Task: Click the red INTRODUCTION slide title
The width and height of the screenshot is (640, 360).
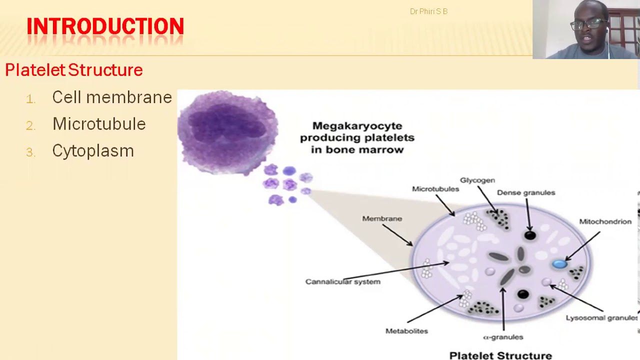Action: (105, 26)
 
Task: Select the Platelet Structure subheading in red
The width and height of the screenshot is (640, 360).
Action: (74, 70)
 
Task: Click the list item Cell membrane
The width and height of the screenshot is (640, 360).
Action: (111, 97)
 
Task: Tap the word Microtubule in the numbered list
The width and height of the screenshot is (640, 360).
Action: (98, 124)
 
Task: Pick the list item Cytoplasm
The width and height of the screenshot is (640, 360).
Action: (93, 151)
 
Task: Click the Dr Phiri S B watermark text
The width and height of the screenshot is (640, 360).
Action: (428, 11)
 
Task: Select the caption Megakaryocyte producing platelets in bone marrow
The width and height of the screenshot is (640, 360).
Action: (357, 137)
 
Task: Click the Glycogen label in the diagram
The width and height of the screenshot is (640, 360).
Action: (477, 180)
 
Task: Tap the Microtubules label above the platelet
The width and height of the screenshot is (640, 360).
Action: (435, 189)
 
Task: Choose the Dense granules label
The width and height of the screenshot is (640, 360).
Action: (526, 192)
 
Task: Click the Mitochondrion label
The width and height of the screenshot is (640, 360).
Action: (605, 221)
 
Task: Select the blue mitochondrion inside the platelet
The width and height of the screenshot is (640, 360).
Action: (559, 264)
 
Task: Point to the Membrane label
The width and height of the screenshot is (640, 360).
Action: (382, 218)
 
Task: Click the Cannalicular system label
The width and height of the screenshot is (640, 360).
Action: (343, 281)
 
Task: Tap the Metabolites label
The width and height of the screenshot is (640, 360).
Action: (406, 331)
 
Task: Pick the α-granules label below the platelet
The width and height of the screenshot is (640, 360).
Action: (503, 337)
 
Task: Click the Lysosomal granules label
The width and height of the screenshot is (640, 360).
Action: (601, 317)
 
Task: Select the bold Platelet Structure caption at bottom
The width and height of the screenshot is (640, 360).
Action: (500, 355)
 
